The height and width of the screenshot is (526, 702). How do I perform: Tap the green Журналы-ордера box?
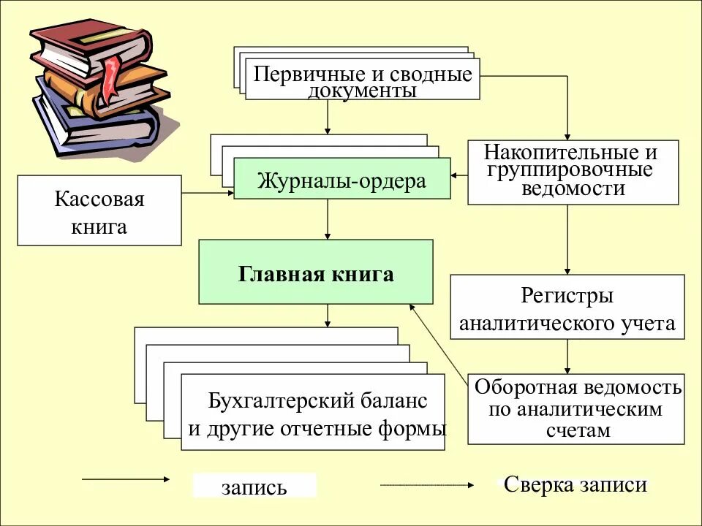pyautogui.click(x=341, y=180)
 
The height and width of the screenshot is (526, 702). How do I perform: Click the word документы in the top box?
pyautogui.click(x=362, y=91)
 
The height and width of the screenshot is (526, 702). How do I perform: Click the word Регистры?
pyautogui.click(x=567, y=296)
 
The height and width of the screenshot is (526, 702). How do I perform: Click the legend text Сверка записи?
pyautogui.click(x=575, y=484)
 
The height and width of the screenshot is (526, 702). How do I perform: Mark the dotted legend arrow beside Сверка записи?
pyautogui.click(x=427, y=484)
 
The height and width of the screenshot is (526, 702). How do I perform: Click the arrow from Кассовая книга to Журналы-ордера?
pyautogui.click(x=208, y=193)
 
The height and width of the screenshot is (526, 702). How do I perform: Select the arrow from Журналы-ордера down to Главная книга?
pyautogui.click(x=327, y=218)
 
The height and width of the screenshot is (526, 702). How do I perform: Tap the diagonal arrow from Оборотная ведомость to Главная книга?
pyautogui.click(x=439, y=342)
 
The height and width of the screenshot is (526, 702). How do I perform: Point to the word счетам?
pyautogui.click(x=577, y=430)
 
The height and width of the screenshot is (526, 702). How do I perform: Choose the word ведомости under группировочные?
pyautogui.click(x=573, y=188)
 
